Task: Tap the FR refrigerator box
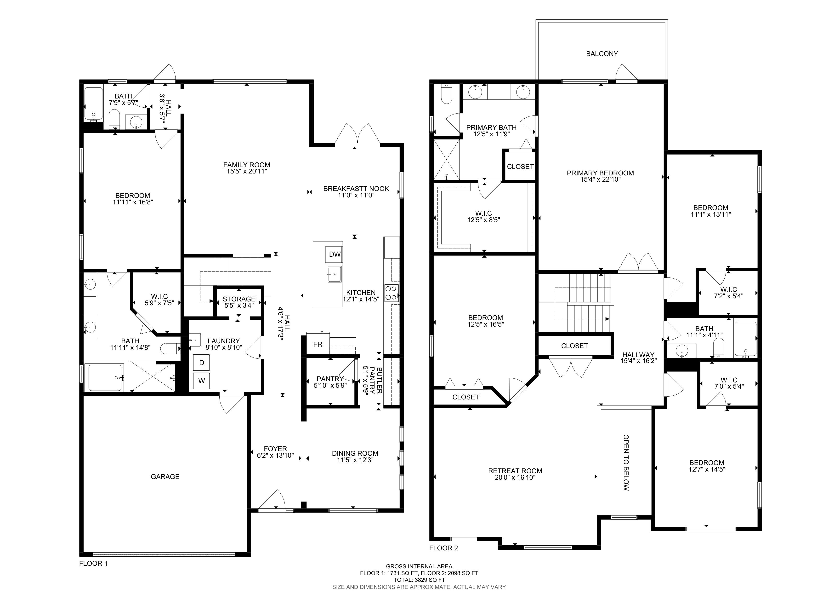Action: (x=318, y=344)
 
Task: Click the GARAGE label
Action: (x=165, y=477)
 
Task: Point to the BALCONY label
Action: (x=602, y=54)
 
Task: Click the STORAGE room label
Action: (x=239, y=299)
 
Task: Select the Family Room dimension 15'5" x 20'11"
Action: (x=247, y=171)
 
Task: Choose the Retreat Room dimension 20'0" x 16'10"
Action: (x=515, y=478)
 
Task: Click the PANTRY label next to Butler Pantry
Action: (x=330, y=379)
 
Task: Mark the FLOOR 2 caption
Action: (x=443, y=548)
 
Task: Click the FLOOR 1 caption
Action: (x=93, y=563)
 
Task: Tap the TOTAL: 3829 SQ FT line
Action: (x=419, y=580)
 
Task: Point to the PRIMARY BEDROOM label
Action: (x=600, y=173)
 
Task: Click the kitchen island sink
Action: (x=334, y=274)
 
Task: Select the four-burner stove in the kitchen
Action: (x=391, y=292)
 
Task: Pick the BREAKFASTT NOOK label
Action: (x=356, y=189)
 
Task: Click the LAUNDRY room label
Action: (x=224, y=341)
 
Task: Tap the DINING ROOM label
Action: (x=355, y=453)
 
